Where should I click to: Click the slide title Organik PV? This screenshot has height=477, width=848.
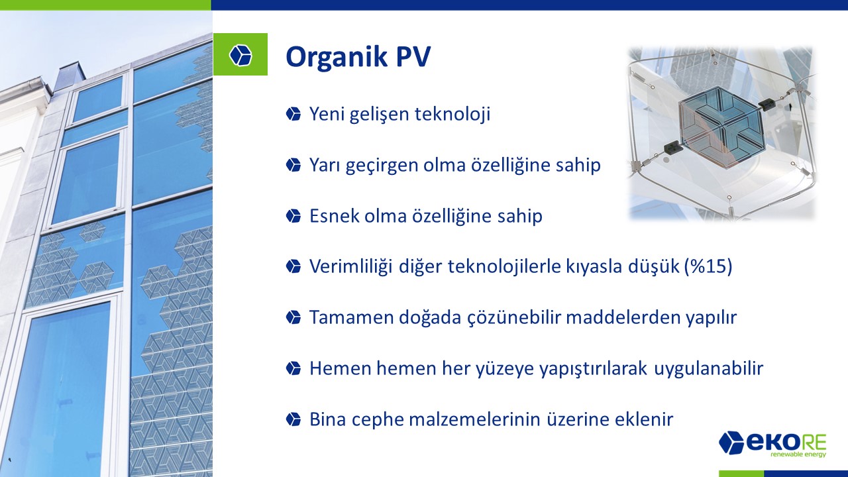point(358,57)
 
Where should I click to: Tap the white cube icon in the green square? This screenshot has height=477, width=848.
point(240,55)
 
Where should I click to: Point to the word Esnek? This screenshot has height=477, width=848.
point(335,216)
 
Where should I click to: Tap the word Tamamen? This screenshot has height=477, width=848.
point(352,317)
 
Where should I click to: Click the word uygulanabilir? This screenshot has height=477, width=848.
point(708,368)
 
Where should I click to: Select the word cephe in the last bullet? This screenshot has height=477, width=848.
point(378,419)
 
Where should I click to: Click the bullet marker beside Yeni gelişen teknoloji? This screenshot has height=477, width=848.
point(293,114)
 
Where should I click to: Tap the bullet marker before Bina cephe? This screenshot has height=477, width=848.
point(293,419)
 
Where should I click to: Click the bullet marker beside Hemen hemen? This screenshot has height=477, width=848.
point(293,368)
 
